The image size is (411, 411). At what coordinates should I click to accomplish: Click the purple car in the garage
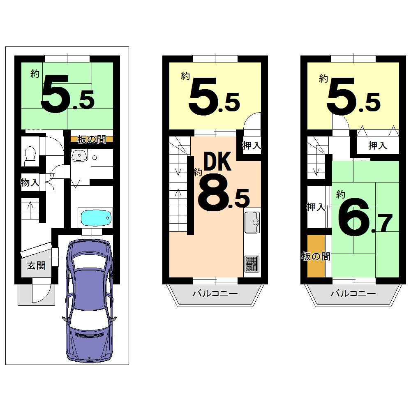[90, 300]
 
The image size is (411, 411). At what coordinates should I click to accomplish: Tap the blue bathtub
[96, 217]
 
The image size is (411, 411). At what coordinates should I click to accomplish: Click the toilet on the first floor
[30, 155]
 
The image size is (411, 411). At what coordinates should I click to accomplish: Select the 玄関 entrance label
[36, 266]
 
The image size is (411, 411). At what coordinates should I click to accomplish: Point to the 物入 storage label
[30, 182]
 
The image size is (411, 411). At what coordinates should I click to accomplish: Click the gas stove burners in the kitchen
[252, 263]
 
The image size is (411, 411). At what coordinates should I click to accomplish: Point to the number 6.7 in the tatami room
[364, 216]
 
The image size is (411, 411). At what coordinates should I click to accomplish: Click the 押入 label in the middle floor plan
[252, 145]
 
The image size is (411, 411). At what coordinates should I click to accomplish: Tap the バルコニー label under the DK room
[215, 293]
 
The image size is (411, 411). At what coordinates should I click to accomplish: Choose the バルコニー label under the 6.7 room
[353, 293]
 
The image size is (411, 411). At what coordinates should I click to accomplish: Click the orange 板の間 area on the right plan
[316, 257]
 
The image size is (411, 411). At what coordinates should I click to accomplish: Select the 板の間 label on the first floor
[91, 139]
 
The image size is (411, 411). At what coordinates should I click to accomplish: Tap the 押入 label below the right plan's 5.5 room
[377, 145]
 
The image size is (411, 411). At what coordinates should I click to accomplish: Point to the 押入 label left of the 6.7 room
[316, 208]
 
